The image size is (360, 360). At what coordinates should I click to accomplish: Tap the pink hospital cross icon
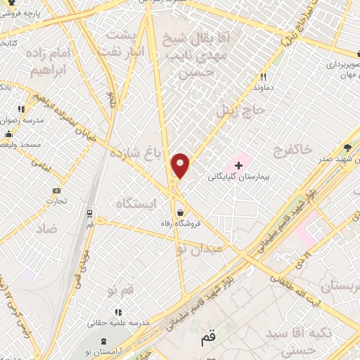238,166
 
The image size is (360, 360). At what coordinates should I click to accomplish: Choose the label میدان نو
200,248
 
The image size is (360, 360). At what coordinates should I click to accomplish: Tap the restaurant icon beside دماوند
264,77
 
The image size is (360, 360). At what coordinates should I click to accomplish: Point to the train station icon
90,212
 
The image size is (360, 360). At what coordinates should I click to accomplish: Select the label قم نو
120,290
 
